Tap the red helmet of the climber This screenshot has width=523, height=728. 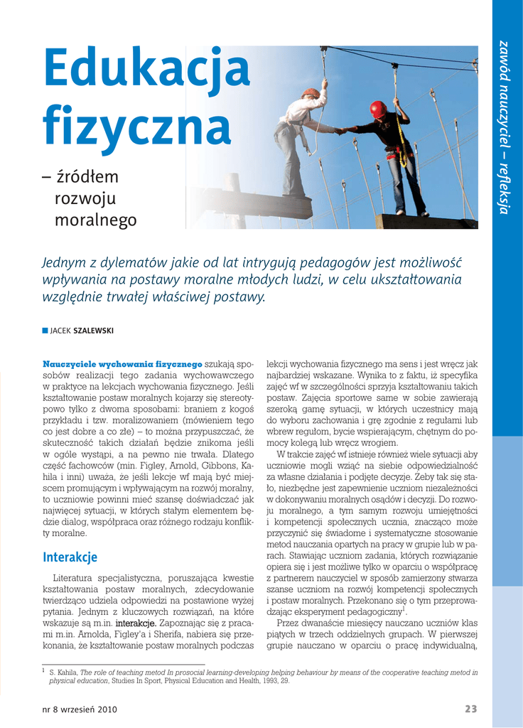coord(377,109)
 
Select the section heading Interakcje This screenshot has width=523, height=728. coord(70,557)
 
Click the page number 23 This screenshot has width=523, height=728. coord(471,709)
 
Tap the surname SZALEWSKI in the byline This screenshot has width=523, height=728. coord(94,331)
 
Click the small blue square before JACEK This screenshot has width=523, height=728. coord(45,331)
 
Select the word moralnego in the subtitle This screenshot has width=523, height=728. coord(95,221)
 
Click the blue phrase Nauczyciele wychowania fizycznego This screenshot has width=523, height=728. coord(122,364)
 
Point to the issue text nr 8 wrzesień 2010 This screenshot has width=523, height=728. coord(80,709)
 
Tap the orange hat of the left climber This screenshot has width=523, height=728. coord(311,93)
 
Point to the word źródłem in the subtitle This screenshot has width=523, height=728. coord(87,177)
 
